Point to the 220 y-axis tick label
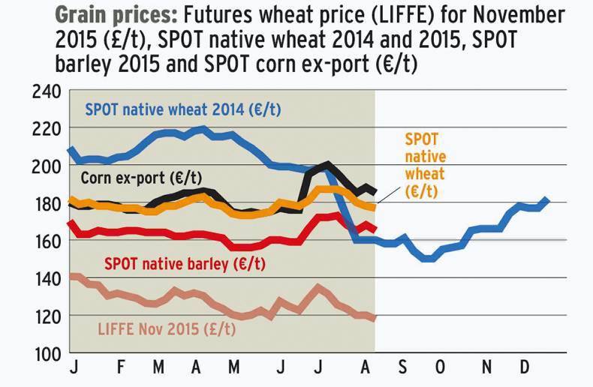click(46, 129)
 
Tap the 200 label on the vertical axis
click(46, 166)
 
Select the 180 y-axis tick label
click(46, 204)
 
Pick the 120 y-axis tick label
click(46, 316)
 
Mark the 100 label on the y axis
click(46, 354)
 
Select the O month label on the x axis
click(440, 370)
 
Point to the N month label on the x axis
click(487, 370)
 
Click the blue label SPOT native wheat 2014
click(183, 109)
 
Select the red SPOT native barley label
click(185, 264)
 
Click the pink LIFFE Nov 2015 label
click(167, 328)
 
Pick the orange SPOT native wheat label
click(425, 166)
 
